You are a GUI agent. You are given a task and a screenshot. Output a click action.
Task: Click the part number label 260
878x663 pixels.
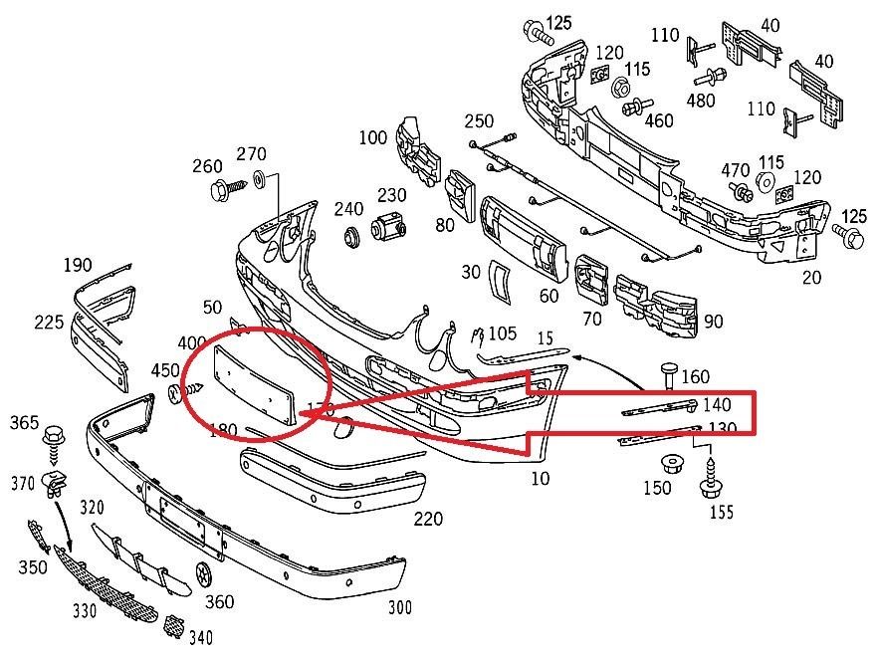coord(207,166)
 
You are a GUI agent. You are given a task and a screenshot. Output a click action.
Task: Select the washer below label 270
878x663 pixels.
coord(259,178)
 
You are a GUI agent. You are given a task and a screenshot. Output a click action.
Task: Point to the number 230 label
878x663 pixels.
coord(391,196)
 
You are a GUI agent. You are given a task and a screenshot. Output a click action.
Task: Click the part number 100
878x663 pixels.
coord(372,137)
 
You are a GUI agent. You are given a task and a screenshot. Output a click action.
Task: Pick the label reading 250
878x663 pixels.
coord(479,121)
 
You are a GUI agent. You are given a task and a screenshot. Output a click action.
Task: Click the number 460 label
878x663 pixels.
coord(659,120)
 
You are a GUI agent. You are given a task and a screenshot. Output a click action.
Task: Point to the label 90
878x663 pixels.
coord(713,322)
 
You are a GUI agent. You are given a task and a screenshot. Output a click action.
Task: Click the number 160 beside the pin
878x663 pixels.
coord(695,377)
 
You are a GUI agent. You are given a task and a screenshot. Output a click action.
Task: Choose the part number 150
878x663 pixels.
coord(656,488)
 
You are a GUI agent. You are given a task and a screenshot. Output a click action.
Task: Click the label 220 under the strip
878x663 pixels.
coord(427,519)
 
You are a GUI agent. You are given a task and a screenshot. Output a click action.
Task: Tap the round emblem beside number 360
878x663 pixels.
coord(207,574)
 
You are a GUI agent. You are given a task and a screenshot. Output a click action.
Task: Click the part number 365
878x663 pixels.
coord(25,423)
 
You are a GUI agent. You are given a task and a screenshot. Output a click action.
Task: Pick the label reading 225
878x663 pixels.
coord(48,322)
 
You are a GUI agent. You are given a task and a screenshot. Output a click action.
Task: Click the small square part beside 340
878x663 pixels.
coord(172,626)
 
